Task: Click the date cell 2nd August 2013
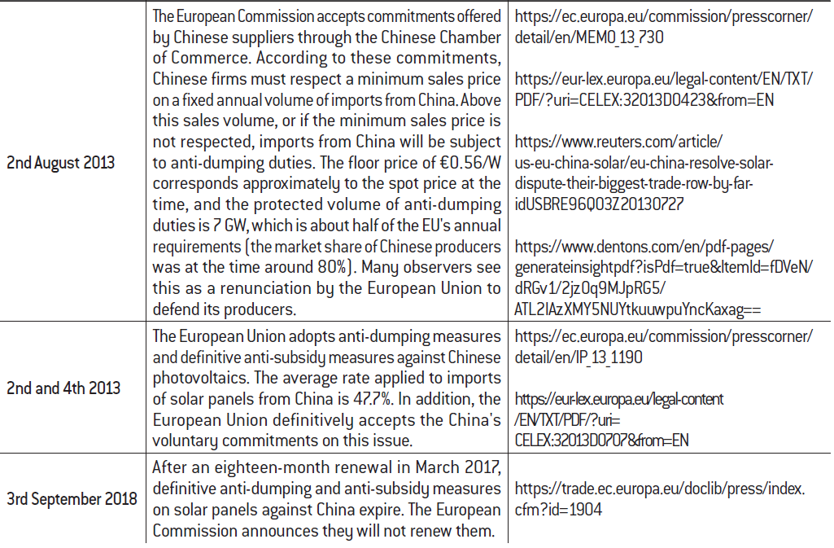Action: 60,162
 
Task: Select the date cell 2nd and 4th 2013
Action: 63,388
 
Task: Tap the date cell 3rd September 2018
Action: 72,498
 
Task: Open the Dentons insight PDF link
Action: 664,266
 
